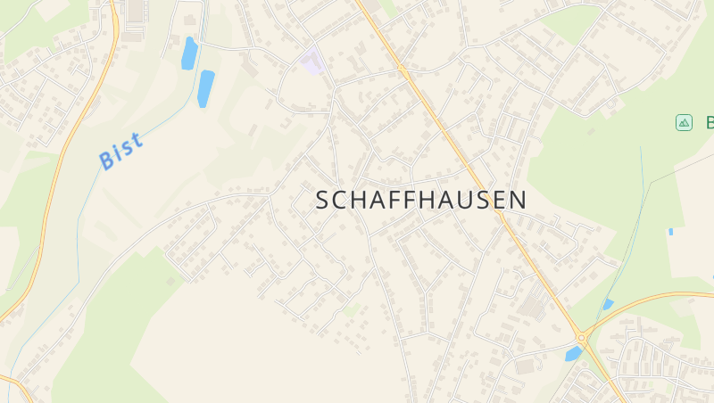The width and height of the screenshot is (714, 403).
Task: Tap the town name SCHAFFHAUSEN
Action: tap(421, 200)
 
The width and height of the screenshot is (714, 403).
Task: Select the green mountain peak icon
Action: tap(685, 123)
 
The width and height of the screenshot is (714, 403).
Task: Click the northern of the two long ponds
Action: tap(189, 53)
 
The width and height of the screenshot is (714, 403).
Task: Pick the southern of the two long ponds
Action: tap(206, 87)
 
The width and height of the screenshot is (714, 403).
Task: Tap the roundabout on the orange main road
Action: tap(583, 338)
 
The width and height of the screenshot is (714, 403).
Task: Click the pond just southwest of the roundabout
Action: tap(573, 354)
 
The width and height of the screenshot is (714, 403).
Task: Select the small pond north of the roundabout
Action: tap(608, 304)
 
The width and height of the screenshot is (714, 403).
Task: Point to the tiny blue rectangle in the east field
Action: tap(670, 232)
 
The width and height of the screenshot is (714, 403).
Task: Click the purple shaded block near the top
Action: tap(311, 62)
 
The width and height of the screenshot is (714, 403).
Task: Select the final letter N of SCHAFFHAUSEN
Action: tap(518, 201)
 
